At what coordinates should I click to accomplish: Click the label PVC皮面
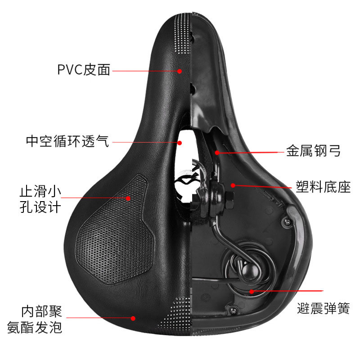coord(84,70)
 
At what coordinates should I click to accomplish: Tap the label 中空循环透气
coord(67,141)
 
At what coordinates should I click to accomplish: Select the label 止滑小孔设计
coord(40,199)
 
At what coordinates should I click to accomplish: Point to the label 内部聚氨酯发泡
coord(35,319)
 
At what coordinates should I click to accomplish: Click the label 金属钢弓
coord(313,151)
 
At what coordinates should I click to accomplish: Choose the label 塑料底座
coord(323,187)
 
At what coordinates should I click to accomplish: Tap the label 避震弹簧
coord(324,308)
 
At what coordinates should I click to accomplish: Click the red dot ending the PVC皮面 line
coord(180,71)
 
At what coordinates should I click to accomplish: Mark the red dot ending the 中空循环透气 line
coord(180,143)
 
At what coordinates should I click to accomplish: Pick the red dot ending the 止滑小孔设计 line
coord(128,198)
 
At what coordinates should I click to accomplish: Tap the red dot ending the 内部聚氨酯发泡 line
coord(133,318)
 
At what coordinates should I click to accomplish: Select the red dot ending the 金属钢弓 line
coord(217,153)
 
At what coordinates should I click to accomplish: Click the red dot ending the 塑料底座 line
coord(233,185)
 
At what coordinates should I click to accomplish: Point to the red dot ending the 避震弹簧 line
coord(252,292)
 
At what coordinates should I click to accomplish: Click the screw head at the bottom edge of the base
coord(233,310)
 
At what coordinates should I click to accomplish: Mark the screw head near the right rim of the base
coord(287,222)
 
